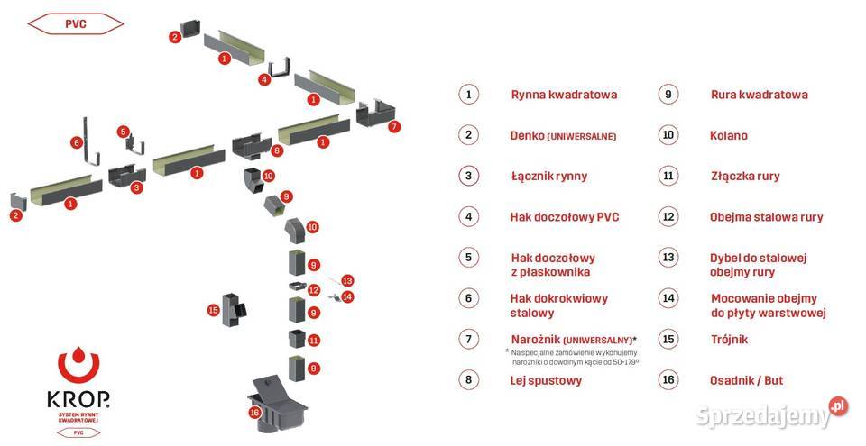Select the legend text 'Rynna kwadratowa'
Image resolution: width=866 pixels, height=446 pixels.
point(564,95)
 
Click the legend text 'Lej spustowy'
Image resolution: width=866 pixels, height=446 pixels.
point(546,380)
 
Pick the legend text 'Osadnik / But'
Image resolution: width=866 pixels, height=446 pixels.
point(747,380)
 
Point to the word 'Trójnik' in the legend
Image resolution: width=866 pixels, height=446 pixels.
point(729,340)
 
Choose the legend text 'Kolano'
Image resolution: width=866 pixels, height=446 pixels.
point(729,136)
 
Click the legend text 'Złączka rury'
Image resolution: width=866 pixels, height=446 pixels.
point(745,177)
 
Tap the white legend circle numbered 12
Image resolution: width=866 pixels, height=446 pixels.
point(668,217)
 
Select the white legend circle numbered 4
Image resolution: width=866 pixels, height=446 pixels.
point(467,217)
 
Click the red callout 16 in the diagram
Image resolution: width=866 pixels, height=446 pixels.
point(255,413)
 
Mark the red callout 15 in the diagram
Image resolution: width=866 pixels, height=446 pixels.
point(213,310)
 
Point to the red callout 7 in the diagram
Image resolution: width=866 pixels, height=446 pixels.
point(393,127)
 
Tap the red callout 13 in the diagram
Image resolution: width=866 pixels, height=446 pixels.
point(347,280)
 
